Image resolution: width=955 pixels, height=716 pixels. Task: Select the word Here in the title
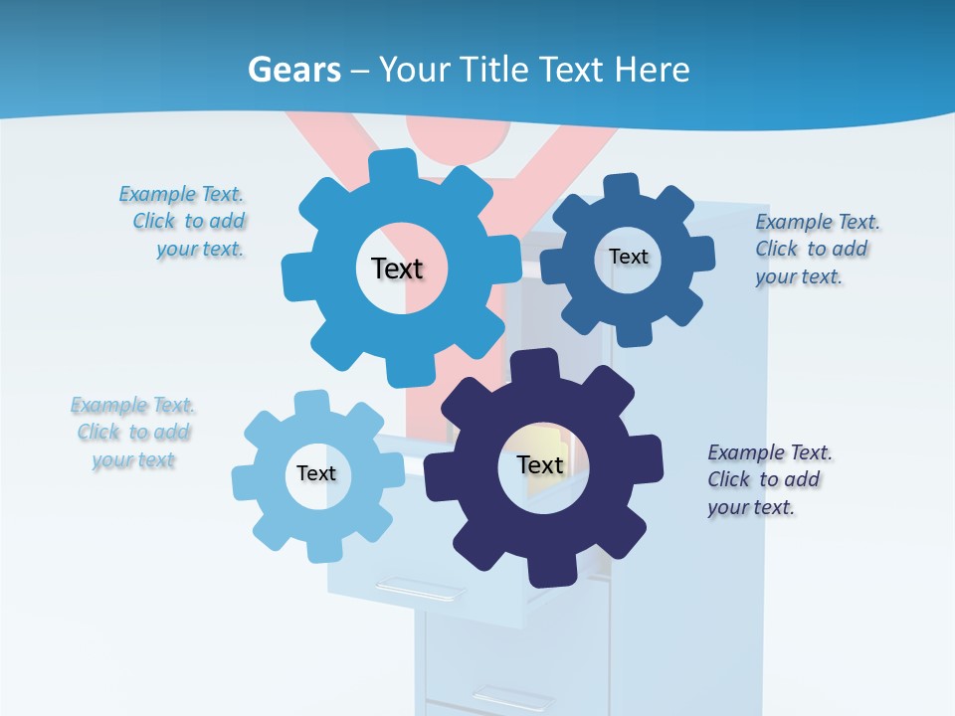click(x=652, y=70)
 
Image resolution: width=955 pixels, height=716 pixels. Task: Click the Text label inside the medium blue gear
click(x=397, y=268)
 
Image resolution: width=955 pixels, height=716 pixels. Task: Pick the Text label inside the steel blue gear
click(x=628, y=257)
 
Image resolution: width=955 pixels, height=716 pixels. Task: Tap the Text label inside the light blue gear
click(x=315, y=473)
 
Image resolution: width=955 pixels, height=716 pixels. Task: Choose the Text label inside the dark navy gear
click(x=540, y=464)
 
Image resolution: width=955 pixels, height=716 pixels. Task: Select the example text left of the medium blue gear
click(x=183, y=222)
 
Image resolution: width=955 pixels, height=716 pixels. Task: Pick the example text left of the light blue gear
click(x=133, y=433)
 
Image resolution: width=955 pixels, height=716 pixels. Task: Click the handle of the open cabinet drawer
click(x=420, y=589)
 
